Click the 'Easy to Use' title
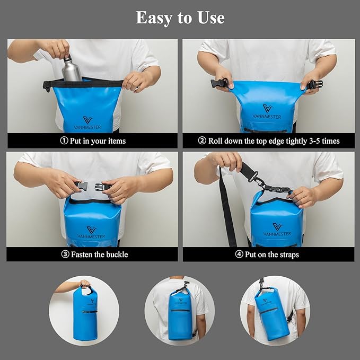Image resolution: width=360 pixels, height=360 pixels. point(180,17)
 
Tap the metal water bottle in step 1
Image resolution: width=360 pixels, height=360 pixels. point(72,70)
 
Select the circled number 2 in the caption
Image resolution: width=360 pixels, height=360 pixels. point(202,141)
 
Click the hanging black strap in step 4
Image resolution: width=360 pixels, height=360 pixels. point(228,212)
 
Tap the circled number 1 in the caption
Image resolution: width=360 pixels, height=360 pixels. point(64,141)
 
